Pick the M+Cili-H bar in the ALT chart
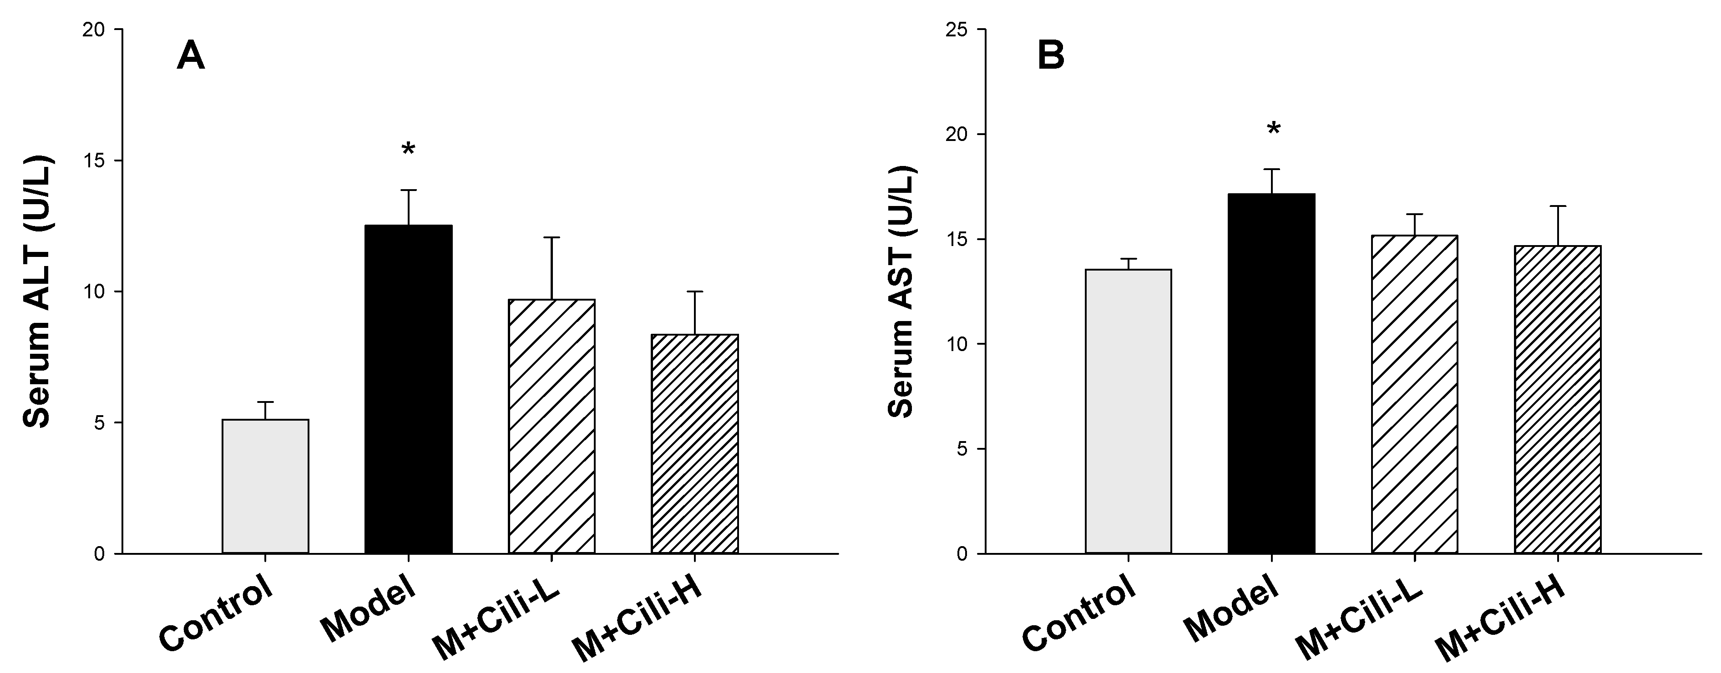point(695,443)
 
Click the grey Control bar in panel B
point(1129,411)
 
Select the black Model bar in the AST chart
point(1271,373)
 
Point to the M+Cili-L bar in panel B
point(1414,394)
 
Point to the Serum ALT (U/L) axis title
point(37,292)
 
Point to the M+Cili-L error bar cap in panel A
point(552,238)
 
